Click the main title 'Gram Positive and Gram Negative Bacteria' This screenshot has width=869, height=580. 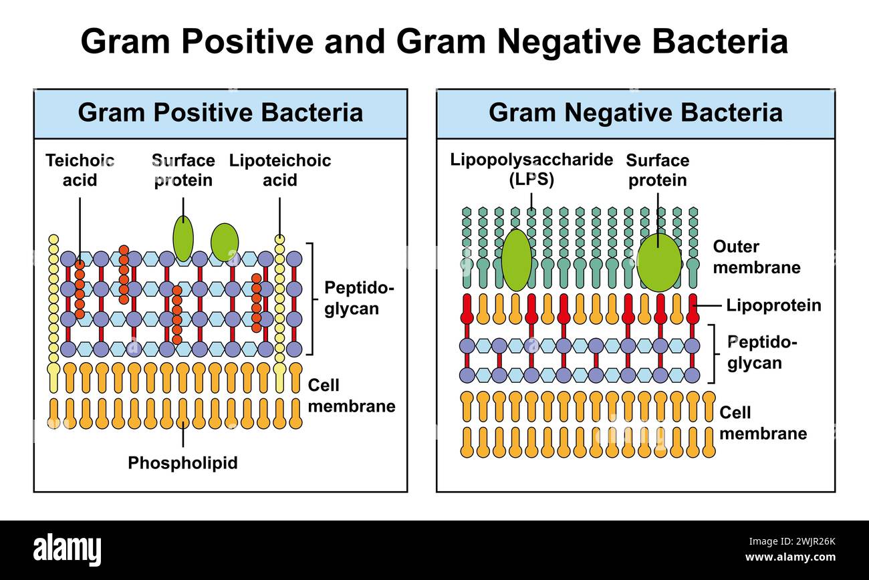(x=434, y=41)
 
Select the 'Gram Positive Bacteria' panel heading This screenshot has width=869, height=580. (x=220, y=112)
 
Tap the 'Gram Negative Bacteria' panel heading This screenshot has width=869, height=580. (x=635, y=112)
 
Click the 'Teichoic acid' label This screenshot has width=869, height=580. (x=80, y=170)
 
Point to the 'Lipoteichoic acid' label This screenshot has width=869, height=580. (x=279, y=170)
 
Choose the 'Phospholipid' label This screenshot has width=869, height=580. (x=182, y=463)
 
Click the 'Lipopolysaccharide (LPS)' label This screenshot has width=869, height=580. (x=531, y=170)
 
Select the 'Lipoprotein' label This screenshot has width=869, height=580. (x=773, y=305)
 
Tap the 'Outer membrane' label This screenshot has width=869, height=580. (x=756, y=257)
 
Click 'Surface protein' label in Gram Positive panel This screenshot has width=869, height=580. (x=183, y=170)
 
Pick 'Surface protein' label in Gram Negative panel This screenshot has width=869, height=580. (x=657, y=170)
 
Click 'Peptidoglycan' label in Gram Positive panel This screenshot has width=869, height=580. (x=360, y=298)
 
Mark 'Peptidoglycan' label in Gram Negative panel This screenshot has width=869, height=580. (x=763, y=352)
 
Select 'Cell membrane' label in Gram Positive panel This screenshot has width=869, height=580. (x=351, y=396)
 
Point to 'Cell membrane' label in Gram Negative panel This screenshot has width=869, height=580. (x=763, y=423)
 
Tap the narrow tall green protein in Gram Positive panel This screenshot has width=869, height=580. (x=182, y=239)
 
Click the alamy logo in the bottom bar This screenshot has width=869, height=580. (x=68, y=550)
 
